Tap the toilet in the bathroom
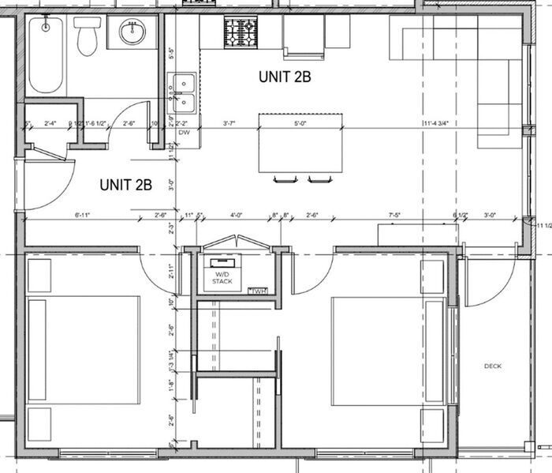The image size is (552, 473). [x=87, y=36]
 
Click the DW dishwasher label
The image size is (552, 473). [x=185, y=133]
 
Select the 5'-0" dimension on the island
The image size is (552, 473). [x=300, y=123]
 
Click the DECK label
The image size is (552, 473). [x=494, y=366]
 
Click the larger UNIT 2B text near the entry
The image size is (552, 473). [x=125, y=186]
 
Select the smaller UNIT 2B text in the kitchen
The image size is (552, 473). [x=285, y=77]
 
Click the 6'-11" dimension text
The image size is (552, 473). [x=84, y=215]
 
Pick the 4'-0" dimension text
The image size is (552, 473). [x=237, y=215]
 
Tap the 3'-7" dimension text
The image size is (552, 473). [x=229, y=123]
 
